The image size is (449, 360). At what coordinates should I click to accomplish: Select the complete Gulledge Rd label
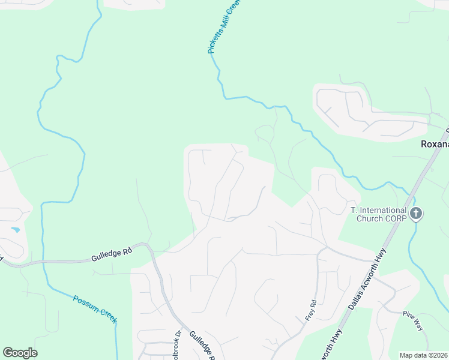coord(111,255)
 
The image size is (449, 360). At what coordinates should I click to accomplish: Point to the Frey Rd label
coord(310,310)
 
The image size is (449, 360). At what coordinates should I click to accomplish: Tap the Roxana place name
coord(433,145)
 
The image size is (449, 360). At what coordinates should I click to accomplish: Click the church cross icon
coord(416,214)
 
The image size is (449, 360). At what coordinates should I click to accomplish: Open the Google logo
coord(20,353)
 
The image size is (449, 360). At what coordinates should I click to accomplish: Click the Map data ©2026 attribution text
coord(424,355)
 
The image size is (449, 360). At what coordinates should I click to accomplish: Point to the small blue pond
coord(15,230)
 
